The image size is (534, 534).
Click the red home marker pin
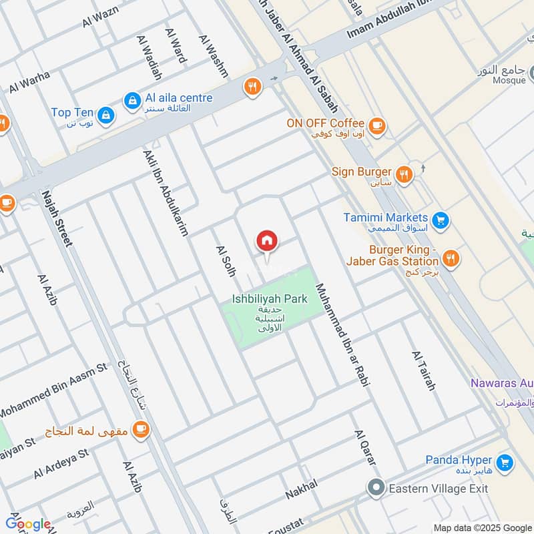click(x=267, y=242)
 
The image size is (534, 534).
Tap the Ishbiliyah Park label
click(x=270, y=299)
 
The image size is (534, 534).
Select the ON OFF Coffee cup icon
click(x=377, y=124)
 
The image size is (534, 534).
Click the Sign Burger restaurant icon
click(x=403, y=174)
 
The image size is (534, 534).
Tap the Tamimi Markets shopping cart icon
click(x=439, y=219)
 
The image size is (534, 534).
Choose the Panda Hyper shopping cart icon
click(x=505, y=461)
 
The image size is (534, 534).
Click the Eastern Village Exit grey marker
click(x=376, y=488)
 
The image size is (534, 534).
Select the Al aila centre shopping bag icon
click(x=131, y=100)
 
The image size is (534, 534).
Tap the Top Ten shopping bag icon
click(x=105, y=116)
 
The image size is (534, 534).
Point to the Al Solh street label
click(x=223, y=262)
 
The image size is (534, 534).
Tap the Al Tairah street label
click(x=424, y=370)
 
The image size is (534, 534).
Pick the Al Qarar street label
click(x=365, y=448)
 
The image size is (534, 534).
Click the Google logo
click(x=28, y=524)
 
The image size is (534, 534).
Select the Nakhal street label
click(x=302, y=489)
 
